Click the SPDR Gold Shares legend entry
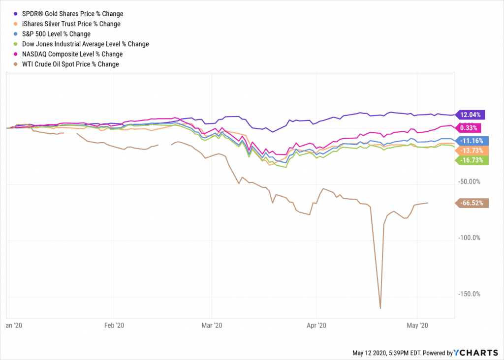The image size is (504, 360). (x=72, y=14)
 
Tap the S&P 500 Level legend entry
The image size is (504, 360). (x=57, y=34)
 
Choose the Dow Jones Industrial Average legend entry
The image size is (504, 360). (x=85, y=44)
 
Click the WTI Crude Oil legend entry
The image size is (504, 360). (x=70, y=64)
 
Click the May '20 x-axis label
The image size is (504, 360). (x=417, y=325)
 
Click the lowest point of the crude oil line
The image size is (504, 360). (x=380, y=309)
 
